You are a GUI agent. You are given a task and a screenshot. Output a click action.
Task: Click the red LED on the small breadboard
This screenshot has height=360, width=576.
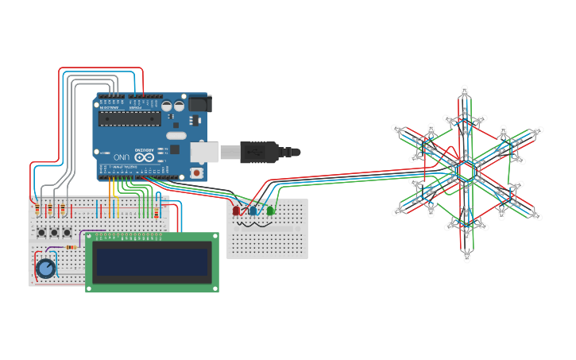[236, 211]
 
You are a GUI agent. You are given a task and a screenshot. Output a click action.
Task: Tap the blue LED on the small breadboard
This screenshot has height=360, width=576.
[253, 211]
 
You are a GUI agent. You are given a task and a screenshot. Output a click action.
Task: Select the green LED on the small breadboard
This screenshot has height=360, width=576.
[270, 211]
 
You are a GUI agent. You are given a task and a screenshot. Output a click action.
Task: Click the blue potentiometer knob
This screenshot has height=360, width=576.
[46, 269]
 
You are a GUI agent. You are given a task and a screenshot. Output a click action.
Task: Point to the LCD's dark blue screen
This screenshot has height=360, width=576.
[152, 262]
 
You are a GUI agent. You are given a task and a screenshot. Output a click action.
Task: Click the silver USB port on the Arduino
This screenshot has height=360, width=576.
[204, 151]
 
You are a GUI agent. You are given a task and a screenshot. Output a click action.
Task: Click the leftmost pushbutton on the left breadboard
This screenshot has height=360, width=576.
[41, 232]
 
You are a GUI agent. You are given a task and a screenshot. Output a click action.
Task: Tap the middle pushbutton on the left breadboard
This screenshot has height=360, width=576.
[54, 232]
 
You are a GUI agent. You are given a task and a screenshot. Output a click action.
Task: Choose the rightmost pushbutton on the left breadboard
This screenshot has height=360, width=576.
[67, 232]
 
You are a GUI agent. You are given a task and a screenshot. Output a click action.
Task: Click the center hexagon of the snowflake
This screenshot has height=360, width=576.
[466, 171]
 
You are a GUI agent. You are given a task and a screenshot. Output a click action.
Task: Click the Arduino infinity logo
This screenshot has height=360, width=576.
[144, 157]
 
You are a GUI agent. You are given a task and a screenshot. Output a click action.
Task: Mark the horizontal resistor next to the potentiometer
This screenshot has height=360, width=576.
[71, 247]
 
